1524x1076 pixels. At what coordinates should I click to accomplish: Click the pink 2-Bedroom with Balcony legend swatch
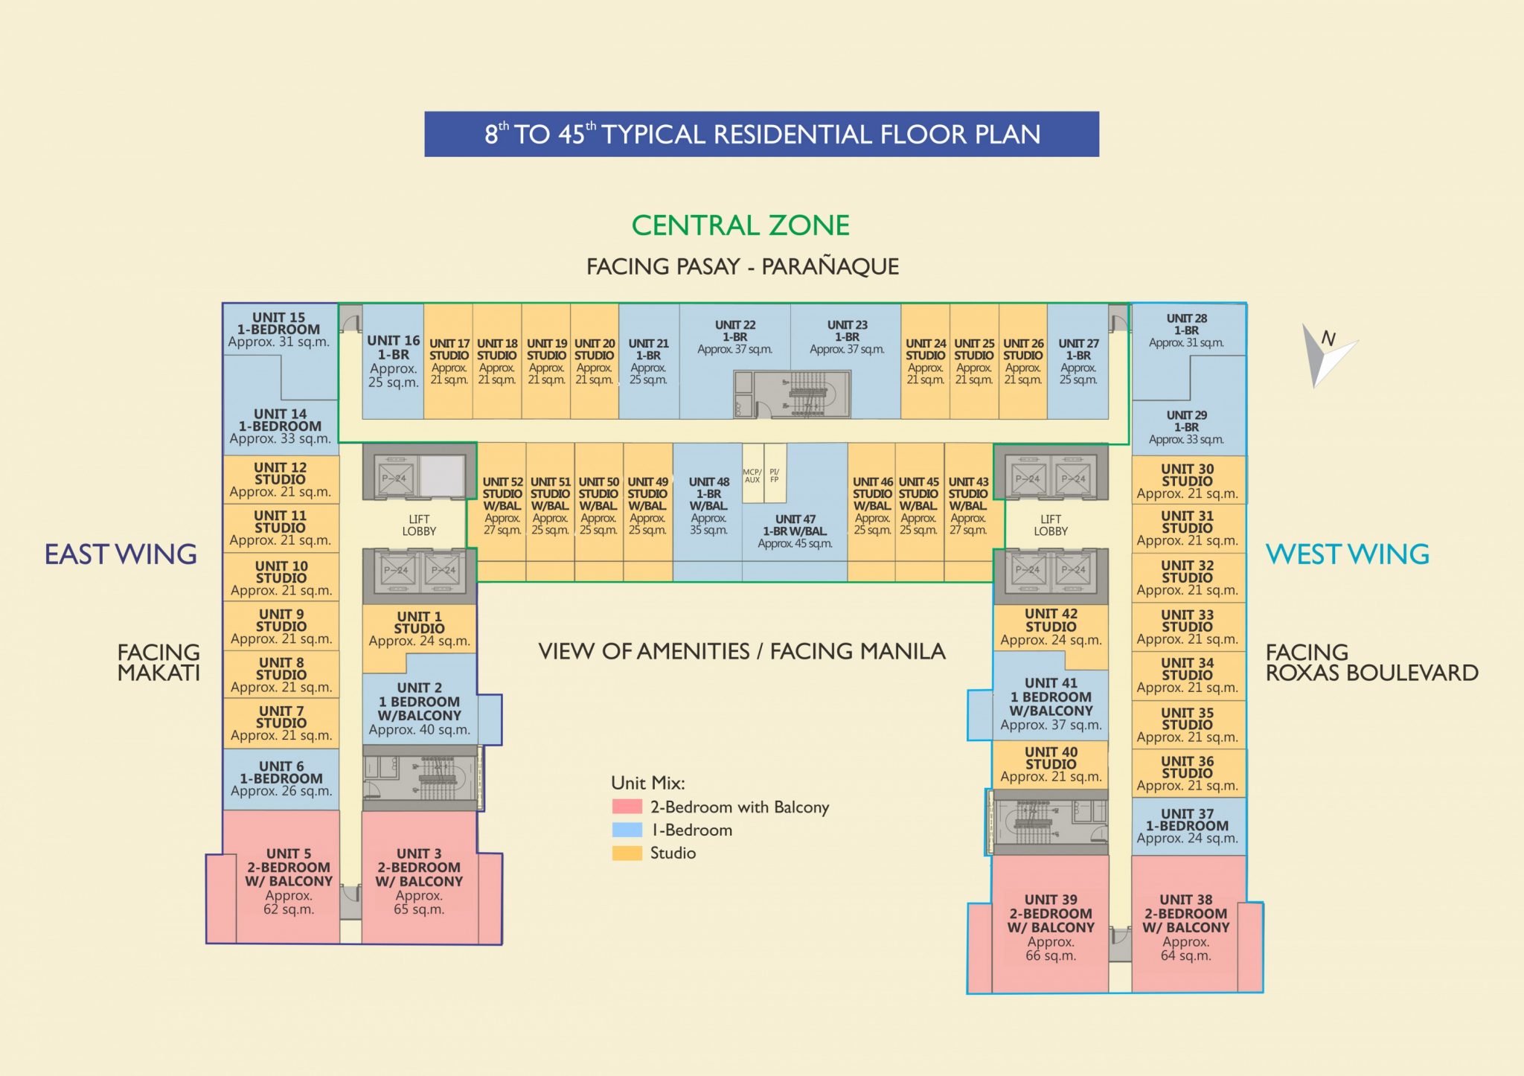pos(627,807)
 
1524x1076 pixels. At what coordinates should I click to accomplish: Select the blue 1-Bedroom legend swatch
pos(627,830)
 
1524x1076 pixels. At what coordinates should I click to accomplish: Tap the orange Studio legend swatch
pos(627,853)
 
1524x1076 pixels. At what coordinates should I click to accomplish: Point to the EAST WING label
pos(121,554)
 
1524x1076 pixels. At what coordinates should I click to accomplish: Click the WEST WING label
pos(1348,554)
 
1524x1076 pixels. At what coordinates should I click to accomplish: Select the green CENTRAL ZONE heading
pos(740,225)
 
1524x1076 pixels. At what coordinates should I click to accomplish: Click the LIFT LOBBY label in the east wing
pos(419,525)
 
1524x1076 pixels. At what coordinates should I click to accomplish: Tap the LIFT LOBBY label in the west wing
pos(1050,525)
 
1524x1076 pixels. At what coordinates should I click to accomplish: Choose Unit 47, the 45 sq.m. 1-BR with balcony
pos(795,530)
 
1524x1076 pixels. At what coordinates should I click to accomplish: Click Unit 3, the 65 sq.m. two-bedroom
pos(419,881)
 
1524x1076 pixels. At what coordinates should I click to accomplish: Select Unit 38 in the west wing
pos(1185,927)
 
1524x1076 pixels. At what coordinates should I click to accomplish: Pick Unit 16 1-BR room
pos(393,361)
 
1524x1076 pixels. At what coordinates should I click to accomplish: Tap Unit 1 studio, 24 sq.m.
pos(419,628)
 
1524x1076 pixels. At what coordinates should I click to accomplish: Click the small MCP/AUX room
pos(752,476)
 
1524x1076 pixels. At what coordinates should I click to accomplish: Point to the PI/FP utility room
pos(775,476)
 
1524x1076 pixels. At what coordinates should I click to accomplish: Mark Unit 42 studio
pos(1050,627)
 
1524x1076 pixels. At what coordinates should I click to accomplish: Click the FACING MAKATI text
pos(159,662)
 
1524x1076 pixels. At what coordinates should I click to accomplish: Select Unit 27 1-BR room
pos(1078,361)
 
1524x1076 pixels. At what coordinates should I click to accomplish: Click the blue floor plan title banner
pos(761,134)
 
